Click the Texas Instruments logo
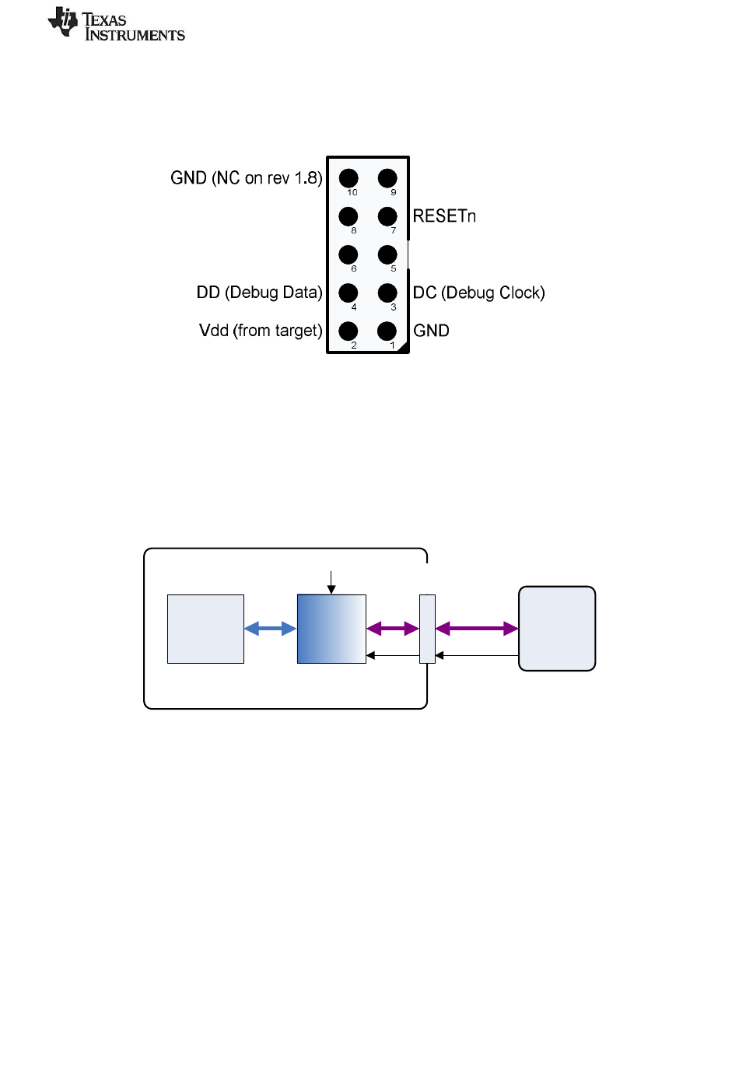(x=116, y=24)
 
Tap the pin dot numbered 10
(x=348, y=178)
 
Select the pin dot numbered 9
(x=387, y=178)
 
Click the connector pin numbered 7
(x=387, y=216)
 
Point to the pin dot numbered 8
(x=348, y=216)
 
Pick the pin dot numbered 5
(x=387, y=254)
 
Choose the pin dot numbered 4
(x=348, y=293)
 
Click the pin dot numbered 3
(x=387, y=293)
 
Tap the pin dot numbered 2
(x=348, y=331)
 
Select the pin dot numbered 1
(x=387, y=331)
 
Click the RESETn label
(x=444, y=216)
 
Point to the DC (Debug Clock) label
(x=478, y=293)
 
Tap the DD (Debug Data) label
(x=259, y=293)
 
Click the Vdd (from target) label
(x=261, y=331)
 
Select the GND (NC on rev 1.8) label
(x=246, y=177)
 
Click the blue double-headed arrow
(x=270, y=629)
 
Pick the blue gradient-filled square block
(x=331, y=629)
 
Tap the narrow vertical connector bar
(x=427, y=629)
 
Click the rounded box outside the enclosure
(x=556, y=629)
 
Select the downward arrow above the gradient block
(x=331, y=583)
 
